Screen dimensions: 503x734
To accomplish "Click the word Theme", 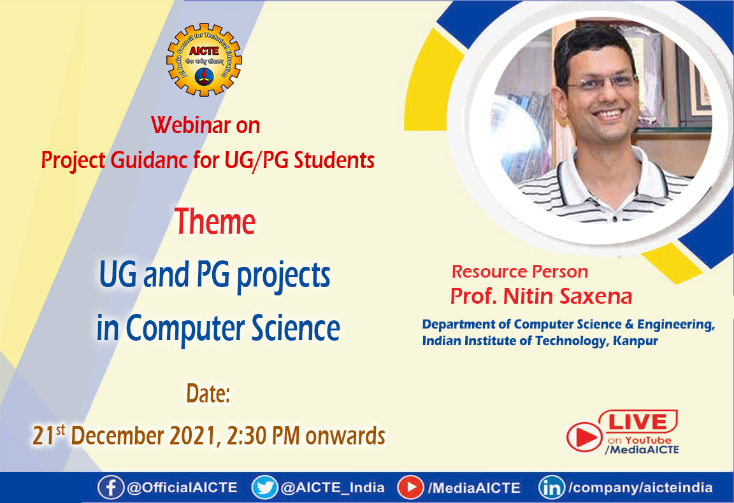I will click(215, 222).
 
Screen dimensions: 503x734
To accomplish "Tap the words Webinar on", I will click(205, 125).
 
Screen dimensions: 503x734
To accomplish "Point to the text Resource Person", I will click(519, 272).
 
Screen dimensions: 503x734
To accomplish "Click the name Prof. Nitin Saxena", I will click(541, 296).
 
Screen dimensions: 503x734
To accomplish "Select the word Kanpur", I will click(635, 341).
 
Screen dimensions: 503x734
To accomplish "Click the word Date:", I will click(208, 394).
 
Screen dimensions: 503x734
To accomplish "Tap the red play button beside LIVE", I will click(584, 437).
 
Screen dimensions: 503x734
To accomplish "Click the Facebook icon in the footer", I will click(110, 488).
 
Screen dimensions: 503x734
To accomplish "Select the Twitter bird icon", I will click(264, 488).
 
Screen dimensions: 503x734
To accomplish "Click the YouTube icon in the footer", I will click(411, 488).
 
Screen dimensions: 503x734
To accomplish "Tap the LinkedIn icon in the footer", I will click(551, 488).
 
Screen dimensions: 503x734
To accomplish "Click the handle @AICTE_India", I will click(333, 488).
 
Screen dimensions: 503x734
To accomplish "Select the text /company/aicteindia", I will click(640, 488).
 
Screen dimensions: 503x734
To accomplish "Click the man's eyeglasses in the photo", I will click(600, 83).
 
